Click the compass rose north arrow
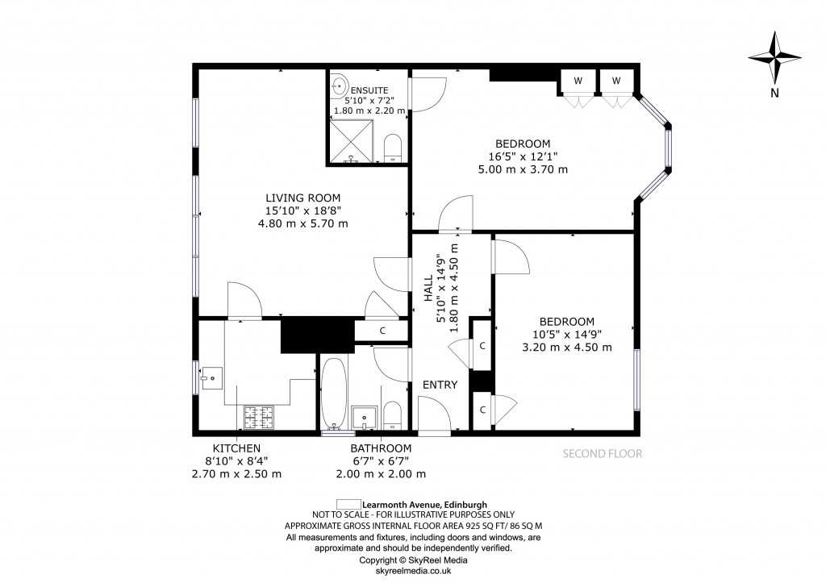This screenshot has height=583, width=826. click(x=774, y=60)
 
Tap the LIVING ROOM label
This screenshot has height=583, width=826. click(x=303, y=198)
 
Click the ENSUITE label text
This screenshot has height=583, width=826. click(x=369, y=90)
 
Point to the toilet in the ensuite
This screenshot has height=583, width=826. click(x=393, y=148)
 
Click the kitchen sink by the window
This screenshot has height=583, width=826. click(x=212, y=377)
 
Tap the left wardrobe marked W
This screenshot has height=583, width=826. click(x=578, y=81)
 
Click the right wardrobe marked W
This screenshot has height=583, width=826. click(x=616, y=81)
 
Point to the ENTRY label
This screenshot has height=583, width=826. click(x=440, y=385)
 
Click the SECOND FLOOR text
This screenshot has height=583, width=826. click(x=602, y=453)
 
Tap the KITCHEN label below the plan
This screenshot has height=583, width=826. click(x=236, y=448)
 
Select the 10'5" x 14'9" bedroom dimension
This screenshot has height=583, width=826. click(x=566, y=334)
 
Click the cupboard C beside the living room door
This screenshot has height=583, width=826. click(x=382, y=330)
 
